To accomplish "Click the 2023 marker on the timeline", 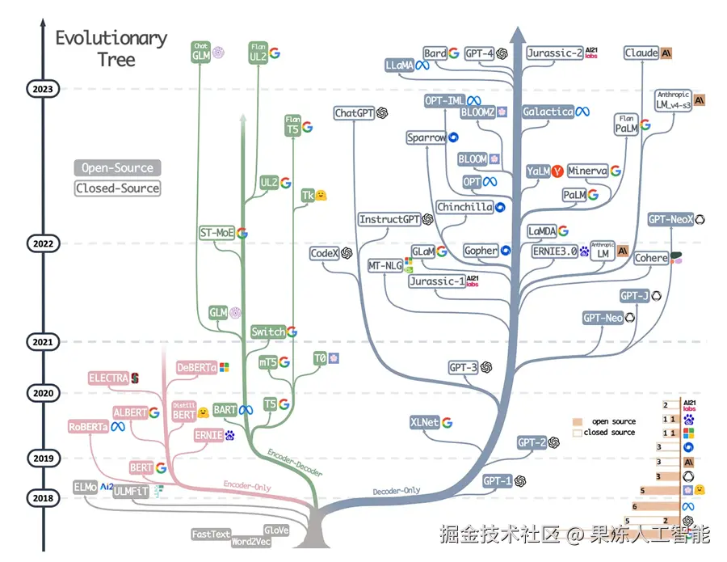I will click(x=41, y=89).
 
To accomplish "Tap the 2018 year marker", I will click(x=41, y=498).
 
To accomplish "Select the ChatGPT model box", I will click(x=355, y=113).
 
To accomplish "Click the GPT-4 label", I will click(x=480, y=53).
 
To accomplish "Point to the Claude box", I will click(x=641, y=53).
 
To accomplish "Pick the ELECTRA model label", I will click(x=109, y=378).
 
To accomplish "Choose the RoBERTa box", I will click(x=89, y=427).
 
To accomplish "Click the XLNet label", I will click(x=425, y=422).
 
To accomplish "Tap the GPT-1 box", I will click(x=498, y=481).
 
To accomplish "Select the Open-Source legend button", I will click(x=118, y=168).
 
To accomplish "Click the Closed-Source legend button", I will click(x=118, y=188).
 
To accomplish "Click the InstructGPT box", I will click(x=389, y=219).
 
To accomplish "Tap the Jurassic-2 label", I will click(x=554, y=53).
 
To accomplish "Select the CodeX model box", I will click(x=324, y=253).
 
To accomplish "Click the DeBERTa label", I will click(x=196, y=368).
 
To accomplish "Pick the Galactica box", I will click(x=548, y=112).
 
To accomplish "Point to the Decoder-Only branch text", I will click(x=397, y=491).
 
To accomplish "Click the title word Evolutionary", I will click(x=111, y=38).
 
